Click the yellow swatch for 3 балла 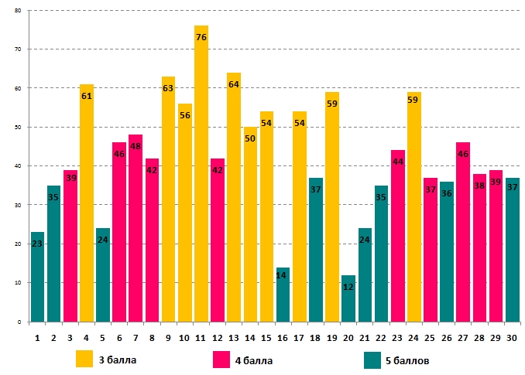point(84,360)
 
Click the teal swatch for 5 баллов point(373,360)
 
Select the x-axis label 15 point(266,337)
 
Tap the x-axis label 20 point(348,337)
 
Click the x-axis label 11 point(201,337)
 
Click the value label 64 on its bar point(234,84)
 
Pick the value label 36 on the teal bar point(447,193)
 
